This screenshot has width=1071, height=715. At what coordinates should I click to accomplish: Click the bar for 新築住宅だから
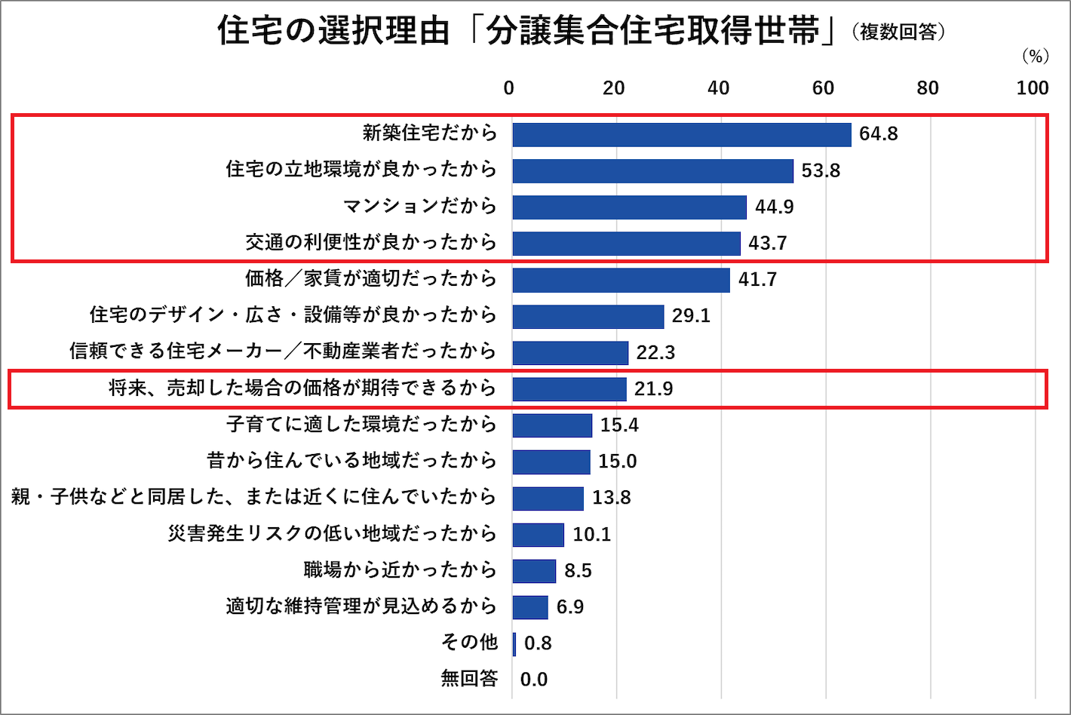pos(681,134)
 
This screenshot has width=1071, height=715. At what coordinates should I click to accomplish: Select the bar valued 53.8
pos(652,170)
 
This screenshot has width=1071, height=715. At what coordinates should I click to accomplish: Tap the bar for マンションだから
pos(629,207)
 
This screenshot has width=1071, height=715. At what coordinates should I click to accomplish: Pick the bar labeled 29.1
pos(588,316)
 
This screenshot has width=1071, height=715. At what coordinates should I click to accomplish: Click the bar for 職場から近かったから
pos(534,571)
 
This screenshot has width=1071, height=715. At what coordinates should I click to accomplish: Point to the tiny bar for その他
pos(514,643)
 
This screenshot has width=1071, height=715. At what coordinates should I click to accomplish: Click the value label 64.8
pos(878,134)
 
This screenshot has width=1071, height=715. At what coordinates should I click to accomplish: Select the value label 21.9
pos(653,389)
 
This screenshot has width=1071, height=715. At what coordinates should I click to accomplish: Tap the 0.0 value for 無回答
pos(534,680)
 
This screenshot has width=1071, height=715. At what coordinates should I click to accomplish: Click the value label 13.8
pos(611,498)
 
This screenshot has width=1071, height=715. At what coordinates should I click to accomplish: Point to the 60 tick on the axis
pos(823,88)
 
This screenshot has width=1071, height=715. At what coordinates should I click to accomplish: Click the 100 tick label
pos(1032,88)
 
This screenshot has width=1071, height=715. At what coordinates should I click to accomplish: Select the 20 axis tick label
pos(613,88)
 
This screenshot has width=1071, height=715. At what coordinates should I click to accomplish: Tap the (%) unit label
pos(1036,57)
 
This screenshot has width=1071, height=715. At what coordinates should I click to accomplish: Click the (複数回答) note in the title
pos(898,32)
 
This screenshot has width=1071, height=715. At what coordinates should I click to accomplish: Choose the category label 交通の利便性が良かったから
pos(371,243)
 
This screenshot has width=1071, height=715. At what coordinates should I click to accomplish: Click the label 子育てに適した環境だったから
pos(361,425)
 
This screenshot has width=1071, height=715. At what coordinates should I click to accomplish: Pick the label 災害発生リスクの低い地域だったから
pos(332,534)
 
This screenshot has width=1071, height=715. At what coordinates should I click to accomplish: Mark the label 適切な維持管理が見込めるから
pos(361,606)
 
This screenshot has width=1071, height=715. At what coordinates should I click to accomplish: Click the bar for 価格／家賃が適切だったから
pos(621,280)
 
